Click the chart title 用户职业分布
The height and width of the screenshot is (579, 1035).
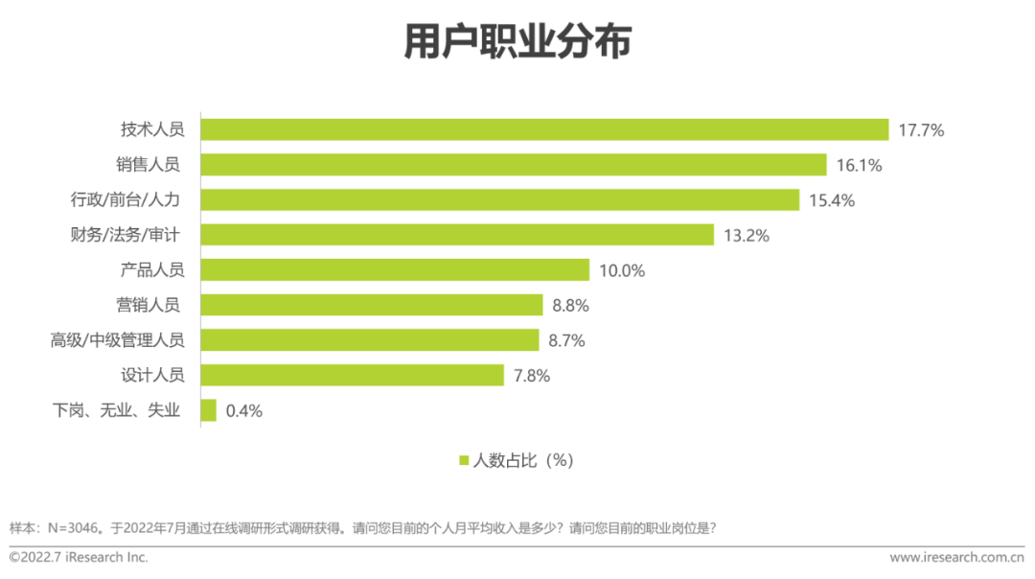[517, 43]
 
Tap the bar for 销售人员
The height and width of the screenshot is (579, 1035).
[514, 165]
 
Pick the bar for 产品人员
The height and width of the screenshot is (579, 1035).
[395, 270]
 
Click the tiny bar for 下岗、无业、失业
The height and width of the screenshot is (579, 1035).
[208, 411]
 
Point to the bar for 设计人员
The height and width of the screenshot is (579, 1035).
[352, 376]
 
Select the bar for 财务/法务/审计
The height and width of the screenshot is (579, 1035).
[457, 235]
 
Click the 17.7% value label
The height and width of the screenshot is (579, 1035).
[921, 130]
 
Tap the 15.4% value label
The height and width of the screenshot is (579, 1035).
[831, 200]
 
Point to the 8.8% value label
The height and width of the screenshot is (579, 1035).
[570, 306]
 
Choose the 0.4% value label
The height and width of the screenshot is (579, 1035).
[243, 411]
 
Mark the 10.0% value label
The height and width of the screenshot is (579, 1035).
[622, 270]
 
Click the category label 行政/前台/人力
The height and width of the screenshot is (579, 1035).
[125, 200]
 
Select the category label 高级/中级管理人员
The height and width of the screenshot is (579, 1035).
[117, 340]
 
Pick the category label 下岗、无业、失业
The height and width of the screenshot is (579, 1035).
[116, 411]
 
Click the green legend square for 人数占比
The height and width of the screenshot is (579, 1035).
[465, 460]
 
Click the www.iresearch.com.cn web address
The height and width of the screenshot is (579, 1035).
[957, 557]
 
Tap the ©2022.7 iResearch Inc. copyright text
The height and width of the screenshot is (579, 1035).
[79, 557]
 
